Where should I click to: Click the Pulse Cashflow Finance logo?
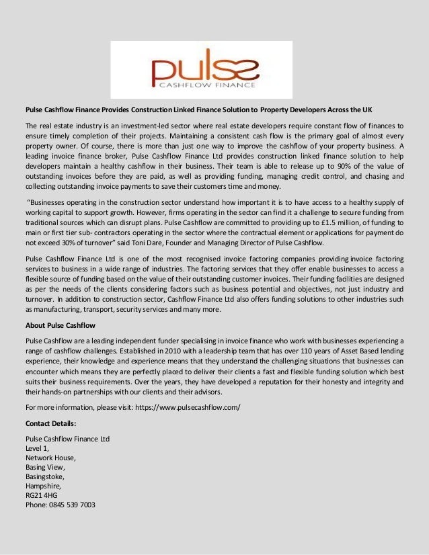coord(202,70)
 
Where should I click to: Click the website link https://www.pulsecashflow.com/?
coord(188,407)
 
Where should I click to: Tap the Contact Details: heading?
coord(50,423)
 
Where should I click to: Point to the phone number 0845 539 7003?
coord(70,505)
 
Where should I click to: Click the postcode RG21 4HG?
coord(41,495)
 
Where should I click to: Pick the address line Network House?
coord(50,458)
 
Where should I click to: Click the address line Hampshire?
coord(43,486)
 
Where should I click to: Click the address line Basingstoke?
coord(46,476)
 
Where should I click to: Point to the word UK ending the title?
coord(366,110)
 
